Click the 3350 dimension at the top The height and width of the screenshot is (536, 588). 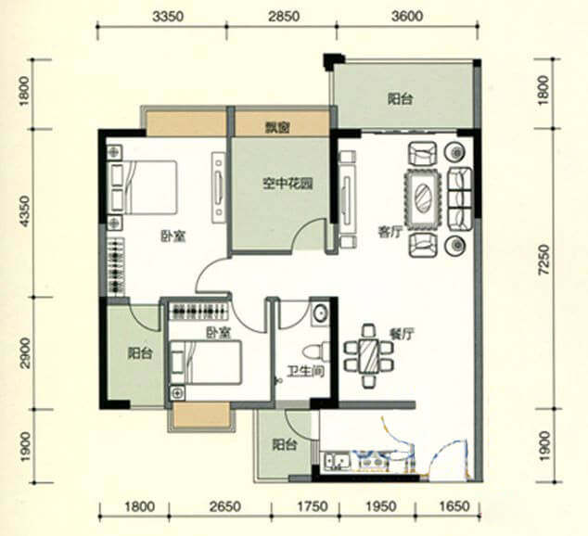click(x=169, y=17)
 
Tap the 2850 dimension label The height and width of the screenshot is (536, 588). click(x=284, y=17)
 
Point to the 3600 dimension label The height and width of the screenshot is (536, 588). click(x=407, y=17)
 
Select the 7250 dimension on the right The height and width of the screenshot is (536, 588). click(x=543, y=261)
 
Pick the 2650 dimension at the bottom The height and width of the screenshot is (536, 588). click(x=225, y=506)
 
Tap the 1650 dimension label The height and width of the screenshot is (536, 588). click(x=454, y=506)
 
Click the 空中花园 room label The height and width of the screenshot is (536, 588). click(x=288, y=184)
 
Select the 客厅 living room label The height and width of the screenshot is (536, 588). click(x=390, y=233)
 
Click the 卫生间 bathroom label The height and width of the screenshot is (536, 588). click(x=306, y=372)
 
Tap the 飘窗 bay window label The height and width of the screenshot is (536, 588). click(x=279, y=128)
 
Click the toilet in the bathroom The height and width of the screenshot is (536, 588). click(x=315, y=352)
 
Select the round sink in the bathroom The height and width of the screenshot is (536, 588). click(x=320, y=313)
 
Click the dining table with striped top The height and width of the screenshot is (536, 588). click(x=368, y=356)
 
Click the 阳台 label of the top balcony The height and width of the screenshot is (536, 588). click(x=401, y=99)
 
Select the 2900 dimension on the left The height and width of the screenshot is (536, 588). click(x=24, y=352)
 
